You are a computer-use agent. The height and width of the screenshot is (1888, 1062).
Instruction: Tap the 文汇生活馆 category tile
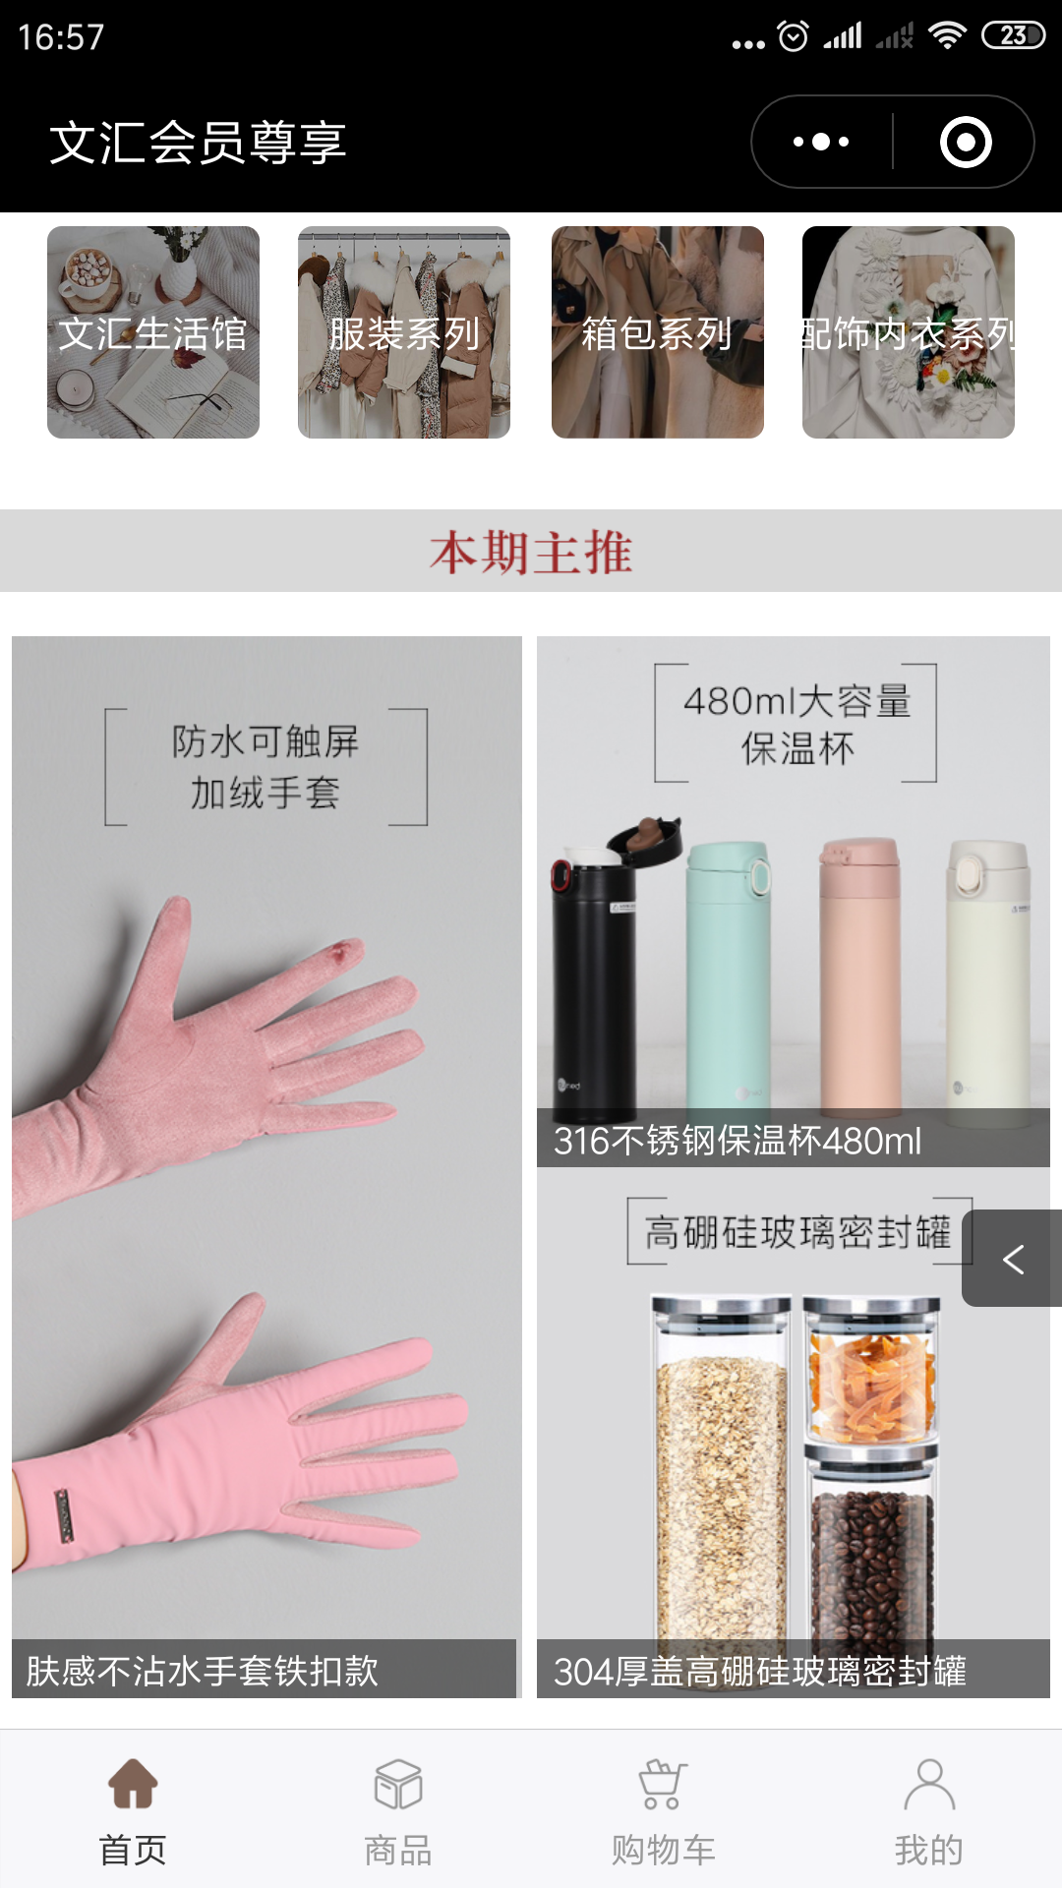pos(153,332)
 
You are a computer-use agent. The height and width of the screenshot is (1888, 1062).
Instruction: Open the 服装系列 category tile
pos(404,332)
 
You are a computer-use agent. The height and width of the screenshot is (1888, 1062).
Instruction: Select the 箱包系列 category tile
pos(657,332)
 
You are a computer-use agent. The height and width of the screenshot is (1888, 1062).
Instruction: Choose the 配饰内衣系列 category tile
pos(908,332)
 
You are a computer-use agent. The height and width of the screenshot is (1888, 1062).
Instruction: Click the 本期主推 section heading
pos(531,552)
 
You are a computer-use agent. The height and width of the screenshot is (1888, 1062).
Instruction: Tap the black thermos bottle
pos(595,983)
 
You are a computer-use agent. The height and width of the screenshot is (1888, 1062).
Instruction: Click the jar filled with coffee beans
pos(870,1554)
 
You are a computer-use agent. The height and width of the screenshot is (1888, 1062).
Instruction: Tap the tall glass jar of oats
pos(721,1475)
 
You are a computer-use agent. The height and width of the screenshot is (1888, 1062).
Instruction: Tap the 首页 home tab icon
pos(133,1784)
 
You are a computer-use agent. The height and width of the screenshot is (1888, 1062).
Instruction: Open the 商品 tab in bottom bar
pos(398,1809)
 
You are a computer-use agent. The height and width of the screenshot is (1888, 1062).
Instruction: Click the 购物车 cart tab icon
pos(663,1784)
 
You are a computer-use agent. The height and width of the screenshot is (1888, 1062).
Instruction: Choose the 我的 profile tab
pos(928,1809)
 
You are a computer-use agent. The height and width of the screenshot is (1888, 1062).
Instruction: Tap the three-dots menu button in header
pos(822,142)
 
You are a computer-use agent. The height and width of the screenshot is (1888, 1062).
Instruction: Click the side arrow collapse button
pos(1013,1259)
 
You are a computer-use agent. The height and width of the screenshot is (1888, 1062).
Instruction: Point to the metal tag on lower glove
pos(64,1516)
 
